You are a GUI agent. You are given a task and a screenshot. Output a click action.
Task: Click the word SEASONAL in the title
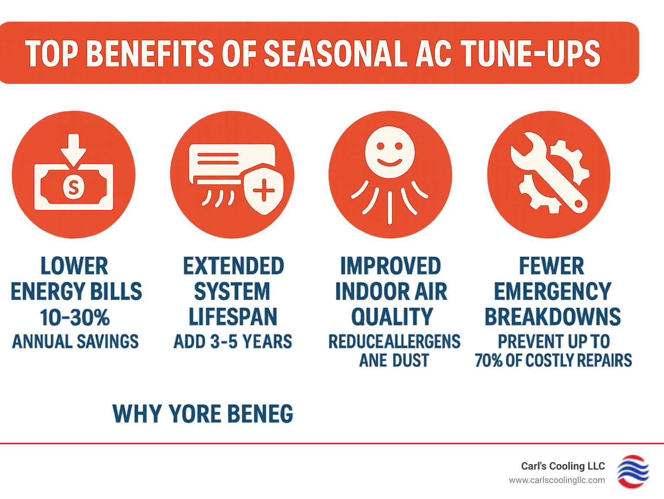[x=335, y=54]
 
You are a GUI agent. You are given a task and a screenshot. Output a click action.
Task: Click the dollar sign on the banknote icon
[x=73, y=187]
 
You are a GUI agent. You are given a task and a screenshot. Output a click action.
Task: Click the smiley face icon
[x=389, y=152]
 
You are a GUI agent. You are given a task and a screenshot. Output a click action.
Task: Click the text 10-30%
[x=75, y=317]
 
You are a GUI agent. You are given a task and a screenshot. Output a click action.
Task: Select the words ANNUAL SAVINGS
[x=75, y=342]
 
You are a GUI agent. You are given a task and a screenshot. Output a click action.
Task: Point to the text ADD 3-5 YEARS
[x=233, y=342]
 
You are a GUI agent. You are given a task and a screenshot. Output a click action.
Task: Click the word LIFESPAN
[x=233, y=317]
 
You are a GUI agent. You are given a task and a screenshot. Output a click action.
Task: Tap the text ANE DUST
[x=394, y=360]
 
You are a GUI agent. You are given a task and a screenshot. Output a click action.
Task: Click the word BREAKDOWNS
[x=552, y=317]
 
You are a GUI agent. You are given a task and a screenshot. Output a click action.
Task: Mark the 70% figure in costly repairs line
[x=488, y=360]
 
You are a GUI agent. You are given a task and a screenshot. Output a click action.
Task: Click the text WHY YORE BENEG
[x=202, y=414]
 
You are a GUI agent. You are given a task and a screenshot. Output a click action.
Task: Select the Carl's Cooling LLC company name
[x=563, y=466]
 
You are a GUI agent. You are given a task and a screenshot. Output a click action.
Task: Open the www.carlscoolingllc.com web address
[x=557, y=480]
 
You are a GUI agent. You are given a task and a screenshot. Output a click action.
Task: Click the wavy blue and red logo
[x=632, y=472]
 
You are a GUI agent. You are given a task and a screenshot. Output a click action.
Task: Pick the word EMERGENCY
[x=552, y=291]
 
